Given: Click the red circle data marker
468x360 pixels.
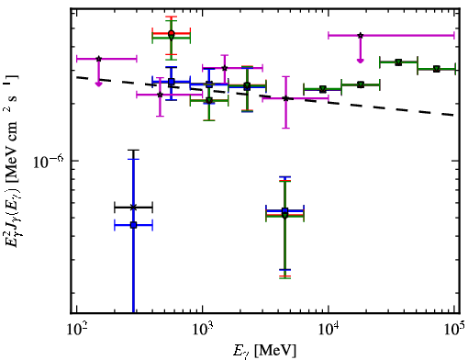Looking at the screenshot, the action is tap(172, 33).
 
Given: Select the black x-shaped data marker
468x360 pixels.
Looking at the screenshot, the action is tap(133, 208).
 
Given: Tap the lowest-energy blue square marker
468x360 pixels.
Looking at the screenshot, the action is tap(133, 225).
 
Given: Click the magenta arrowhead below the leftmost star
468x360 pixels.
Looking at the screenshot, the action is tap(98, 84).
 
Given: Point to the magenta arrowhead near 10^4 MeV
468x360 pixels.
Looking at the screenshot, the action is tap(361, 61).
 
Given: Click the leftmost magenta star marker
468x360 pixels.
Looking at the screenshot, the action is tap(98, 59).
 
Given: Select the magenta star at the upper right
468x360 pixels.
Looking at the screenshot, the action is tap(361, 36).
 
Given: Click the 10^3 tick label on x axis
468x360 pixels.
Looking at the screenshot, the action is tap(203, 330).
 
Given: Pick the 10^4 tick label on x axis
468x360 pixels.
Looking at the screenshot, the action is tap(329, 330).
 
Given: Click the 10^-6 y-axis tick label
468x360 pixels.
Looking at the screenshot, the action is tap(48, 162).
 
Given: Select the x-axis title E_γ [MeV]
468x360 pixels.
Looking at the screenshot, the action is tap(264, 351).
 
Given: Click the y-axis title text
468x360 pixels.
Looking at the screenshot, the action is tap(11, 161).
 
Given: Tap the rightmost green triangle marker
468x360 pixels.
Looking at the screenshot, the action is tap(437, 69).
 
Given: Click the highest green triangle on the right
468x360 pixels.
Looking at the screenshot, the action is tap(398, 62).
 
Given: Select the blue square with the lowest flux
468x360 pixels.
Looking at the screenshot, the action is tap(133, 225).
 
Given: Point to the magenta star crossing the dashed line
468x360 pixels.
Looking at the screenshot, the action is tap(285, 98).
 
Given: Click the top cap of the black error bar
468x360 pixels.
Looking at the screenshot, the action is tap(133, 151).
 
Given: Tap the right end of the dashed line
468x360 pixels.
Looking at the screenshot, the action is tap(454, 116).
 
